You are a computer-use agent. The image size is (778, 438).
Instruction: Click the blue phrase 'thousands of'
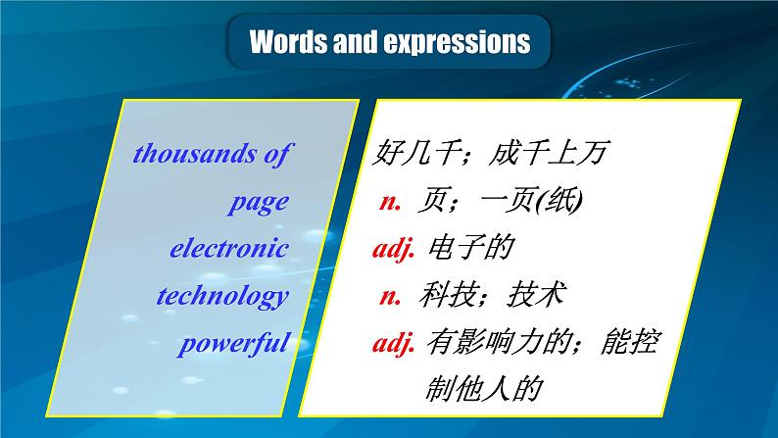[211, 154]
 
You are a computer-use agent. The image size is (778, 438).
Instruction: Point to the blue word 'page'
[259, 202]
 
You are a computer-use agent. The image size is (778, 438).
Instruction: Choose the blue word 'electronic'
[229, 249]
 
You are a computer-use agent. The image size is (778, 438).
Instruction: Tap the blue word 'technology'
[223, 296]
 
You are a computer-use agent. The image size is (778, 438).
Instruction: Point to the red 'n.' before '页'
[391, 202]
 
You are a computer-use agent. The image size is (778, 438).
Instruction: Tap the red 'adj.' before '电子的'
[395, 249]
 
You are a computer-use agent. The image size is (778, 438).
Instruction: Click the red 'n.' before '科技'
[391, 296]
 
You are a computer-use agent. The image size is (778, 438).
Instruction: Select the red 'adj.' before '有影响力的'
[395, 343]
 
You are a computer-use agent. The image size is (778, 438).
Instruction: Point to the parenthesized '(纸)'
[562, 202]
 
